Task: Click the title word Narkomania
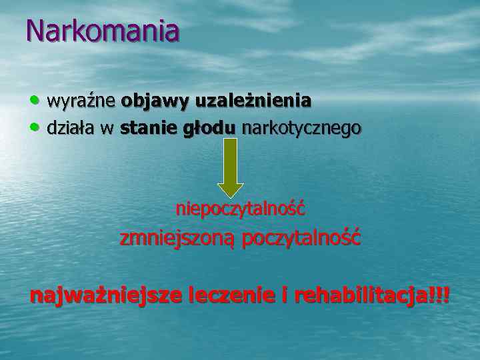tap(103, 31)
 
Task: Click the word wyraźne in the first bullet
tap(81, 101)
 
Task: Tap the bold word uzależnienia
tap(253, 101)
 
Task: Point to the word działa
tap(71, 127)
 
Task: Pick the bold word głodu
tap(209, 127)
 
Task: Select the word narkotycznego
tap(301, 127)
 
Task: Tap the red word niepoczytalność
tap(241, 209)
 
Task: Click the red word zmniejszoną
tap(177, 238)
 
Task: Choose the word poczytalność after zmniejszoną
tap(301, 238)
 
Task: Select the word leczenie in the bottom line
tap(230, 295)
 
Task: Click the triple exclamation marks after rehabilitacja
tap(441, 295)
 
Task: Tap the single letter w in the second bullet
tap(107, 128)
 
